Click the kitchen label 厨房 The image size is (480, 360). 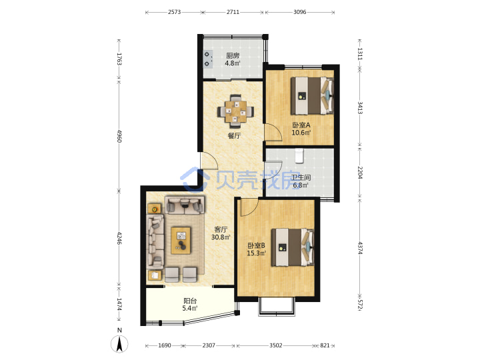[233, 55]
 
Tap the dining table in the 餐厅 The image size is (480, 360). [235, 111]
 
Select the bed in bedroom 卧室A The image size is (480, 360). [312, 95]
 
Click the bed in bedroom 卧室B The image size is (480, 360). [293, 247]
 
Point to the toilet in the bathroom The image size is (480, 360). [299, 155]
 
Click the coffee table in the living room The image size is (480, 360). [181, 240]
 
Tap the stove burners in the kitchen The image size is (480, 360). [207, 59]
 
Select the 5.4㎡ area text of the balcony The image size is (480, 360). [190, 308]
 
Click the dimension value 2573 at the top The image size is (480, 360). [174, 12]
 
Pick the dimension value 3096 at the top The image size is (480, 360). [300, 12]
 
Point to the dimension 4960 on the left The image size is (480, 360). [119, 136]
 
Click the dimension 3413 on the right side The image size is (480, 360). [360, 108]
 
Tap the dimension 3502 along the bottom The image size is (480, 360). [275, 345]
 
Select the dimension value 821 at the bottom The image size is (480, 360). [325, 345]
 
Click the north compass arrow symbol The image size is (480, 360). [119, 344]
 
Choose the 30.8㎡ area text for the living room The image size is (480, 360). [221, 237]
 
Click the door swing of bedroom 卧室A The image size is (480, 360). [273, 132]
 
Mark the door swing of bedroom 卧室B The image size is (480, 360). [249, 207]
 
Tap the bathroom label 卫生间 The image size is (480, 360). [301, 177]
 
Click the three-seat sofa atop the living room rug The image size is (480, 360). [185, 205]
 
